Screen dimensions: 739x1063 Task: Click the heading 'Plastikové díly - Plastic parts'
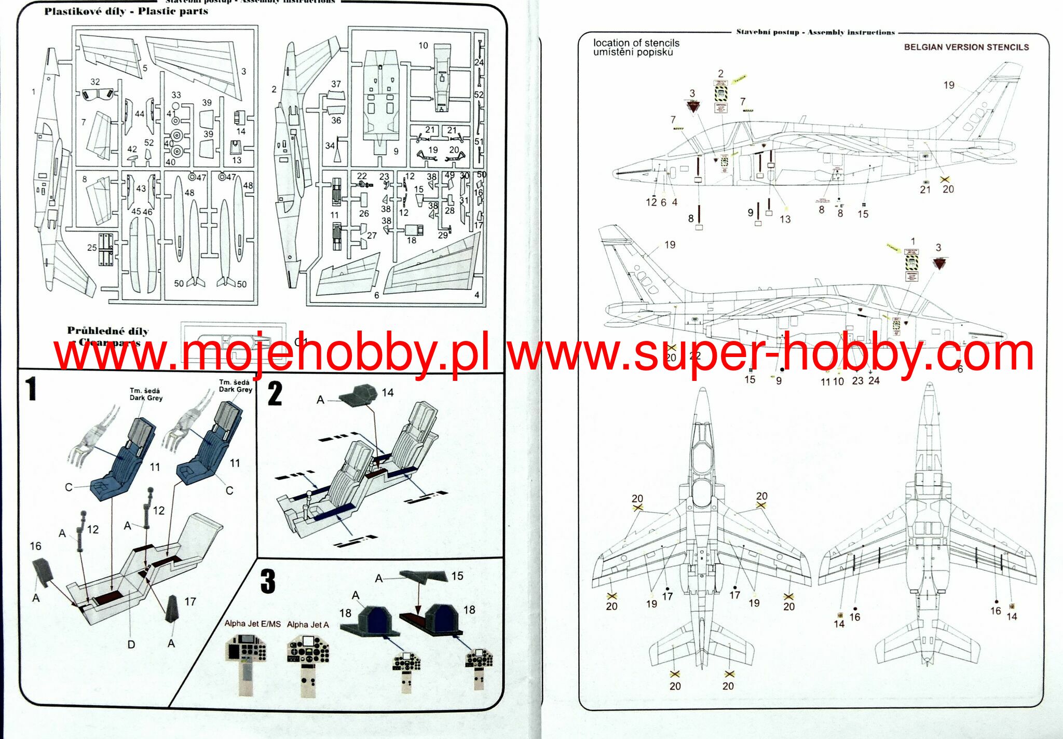[126, 11]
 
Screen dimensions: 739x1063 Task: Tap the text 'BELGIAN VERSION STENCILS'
[966, 47]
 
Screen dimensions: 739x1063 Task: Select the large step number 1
[32, 389]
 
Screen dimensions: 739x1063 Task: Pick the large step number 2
[275, 394]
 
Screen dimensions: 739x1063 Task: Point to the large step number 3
[268, 581]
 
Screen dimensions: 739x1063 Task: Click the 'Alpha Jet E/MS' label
[252, 624]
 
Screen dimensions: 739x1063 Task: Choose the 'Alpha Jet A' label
[308, 625]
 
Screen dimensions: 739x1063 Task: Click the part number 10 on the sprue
[423, 46]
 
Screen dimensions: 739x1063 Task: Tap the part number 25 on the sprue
[92, 248]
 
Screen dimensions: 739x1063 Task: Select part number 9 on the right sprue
[396, 152]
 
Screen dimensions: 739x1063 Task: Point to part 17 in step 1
[172, 607]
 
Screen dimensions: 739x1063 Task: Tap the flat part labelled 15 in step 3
[423, 576]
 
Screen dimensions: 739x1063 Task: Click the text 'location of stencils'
[636, 43]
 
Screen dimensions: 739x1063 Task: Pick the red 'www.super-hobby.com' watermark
[770, 352]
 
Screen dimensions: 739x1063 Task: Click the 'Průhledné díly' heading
[107, 331]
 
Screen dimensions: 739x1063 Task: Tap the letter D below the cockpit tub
[131, 645]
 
